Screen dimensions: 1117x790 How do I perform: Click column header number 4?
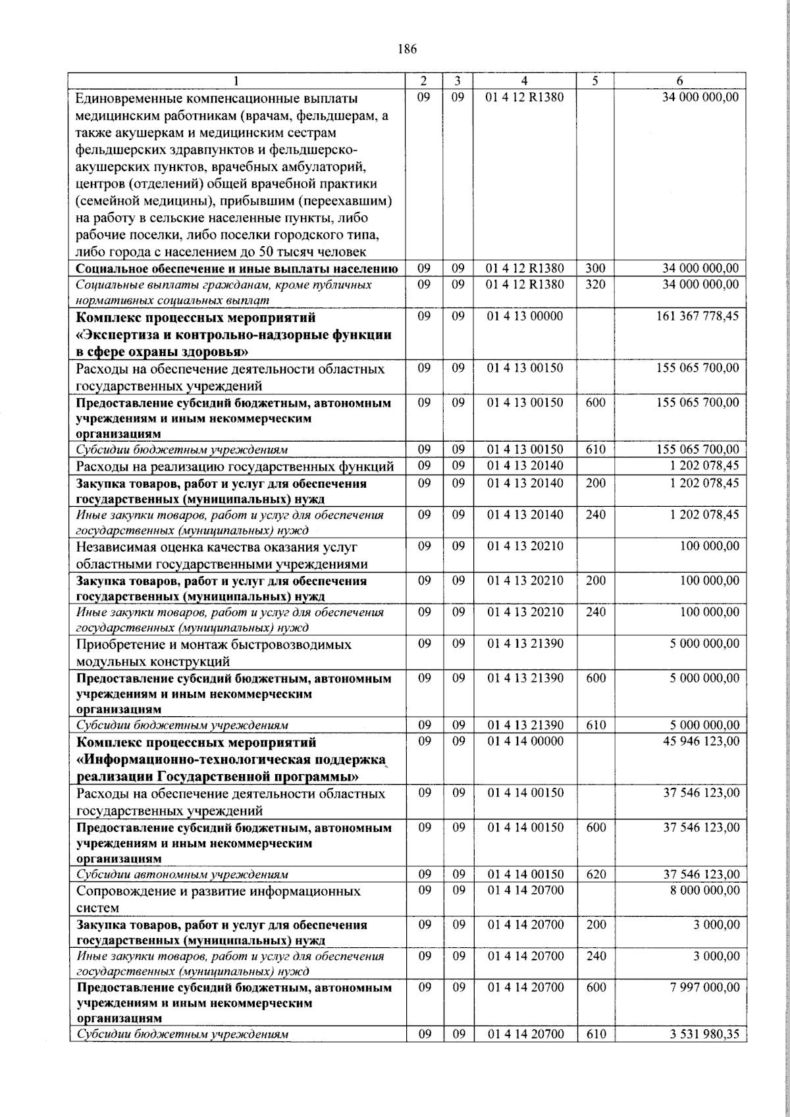(x=524, y=81)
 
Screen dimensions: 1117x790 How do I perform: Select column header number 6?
(x=679, y=81)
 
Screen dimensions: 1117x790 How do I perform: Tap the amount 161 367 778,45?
(x=697, y=316)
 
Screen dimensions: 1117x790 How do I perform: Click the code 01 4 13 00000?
(x=525, y=316)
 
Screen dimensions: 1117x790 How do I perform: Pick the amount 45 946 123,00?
(x=701, y=741)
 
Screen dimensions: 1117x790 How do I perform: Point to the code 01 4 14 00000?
(x=525, y=741)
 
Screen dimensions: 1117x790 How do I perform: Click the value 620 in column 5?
(x=595, y=875)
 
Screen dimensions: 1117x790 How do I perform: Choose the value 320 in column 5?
(x=595, y=284)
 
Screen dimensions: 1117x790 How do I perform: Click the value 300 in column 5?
(x=595, y=269)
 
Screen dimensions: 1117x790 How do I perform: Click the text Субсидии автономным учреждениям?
(x=182, y=875)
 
